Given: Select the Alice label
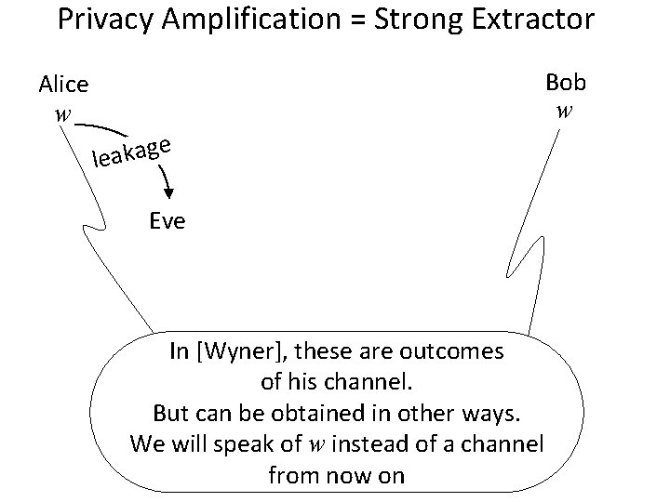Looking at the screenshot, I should [63, 85].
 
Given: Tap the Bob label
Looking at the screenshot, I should [566, 82].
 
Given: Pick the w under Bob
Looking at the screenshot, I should [564, 112].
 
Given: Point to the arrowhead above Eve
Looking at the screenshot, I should [168, 192].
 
